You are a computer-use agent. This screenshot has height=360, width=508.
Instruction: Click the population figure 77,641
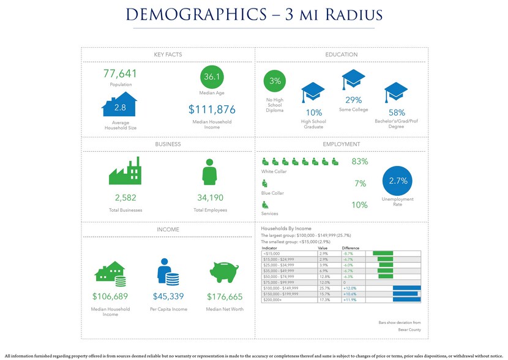(x=121, y=74)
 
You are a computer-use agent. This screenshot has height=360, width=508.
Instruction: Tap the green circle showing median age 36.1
(x=212, y=77)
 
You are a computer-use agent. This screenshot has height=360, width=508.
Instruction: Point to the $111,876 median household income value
(x=212, y=110)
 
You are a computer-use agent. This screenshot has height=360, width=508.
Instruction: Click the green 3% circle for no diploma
(x=275, y=81)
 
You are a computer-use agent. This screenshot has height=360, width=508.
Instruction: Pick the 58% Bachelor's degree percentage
(x=397, y=113)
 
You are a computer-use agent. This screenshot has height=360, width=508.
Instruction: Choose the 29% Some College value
(x=354, y=100)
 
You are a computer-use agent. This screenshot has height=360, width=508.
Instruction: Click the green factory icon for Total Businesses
(x=125, y=171)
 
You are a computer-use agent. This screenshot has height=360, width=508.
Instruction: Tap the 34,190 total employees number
(x=210, y=198)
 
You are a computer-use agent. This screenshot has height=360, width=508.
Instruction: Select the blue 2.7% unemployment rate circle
(x=398, y=181)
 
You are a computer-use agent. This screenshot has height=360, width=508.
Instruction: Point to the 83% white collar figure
(x=359, y=162)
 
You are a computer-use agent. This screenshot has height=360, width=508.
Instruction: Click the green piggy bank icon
(x=225, y=272)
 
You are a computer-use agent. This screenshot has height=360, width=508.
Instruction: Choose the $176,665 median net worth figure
(x=225, y=297)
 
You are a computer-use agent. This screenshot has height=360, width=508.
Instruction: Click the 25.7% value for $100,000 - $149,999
(x=324, y=288)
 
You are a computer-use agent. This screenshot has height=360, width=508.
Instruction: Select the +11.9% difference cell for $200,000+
(x=350, y=299)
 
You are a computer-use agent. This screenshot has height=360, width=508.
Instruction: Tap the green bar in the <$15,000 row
(x=383, y=253)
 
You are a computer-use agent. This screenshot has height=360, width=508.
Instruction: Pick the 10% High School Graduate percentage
(x=314, y=113)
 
